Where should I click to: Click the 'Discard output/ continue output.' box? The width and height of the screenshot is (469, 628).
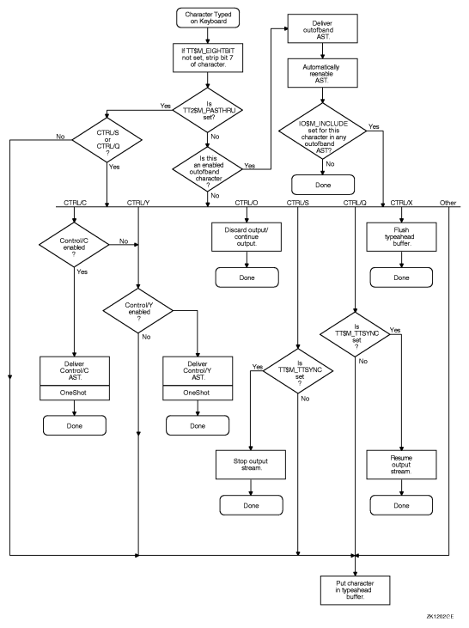245,235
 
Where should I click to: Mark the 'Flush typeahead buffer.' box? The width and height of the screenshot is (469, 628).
400,235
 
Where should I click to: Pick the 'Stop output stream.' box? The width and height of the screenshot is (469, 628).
249,463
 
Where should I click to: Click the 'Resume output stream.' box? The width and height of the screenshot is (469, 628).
400,463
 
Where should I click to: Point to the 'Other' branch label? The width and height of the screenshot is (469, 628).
449,203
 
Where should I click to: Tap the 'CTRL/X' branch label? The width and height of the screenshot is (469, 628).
400,203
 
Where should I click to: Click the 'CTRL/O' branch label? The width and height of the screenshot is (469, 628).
245,203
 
